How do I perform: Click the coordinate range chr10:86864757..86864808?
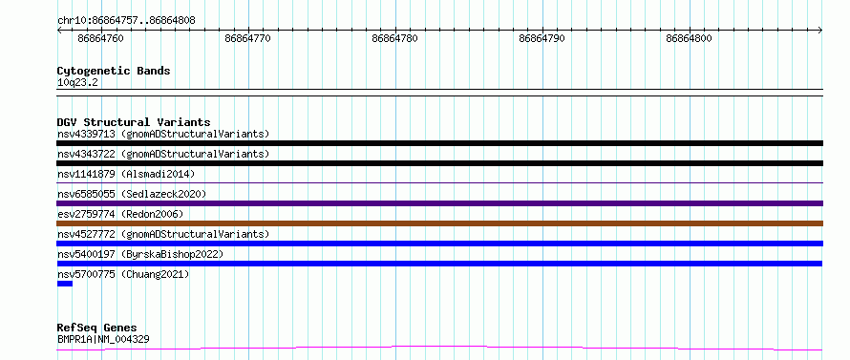pyautogui.click(x=126, y=21)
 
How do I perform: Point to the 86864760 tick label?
pyautogui.click(x=101, y=38)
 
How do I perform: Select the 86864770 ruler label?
pyautogui.click(x=247, y=38)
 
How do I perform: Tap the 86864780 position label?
pyautogui.click(x=395, y=38)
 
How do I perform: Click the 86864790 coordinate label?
pyautogui.click(x=542, y=38)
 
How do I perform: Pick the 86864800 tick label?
pyautogui.click(x=689, y=38)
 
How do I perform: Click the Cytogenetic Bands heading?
pyautogui.click(x=114, y=71)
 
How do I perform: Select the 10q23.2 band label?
pyautogui.click(x=77, y=83)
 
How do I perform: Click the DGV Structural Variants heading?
pyautogui.click(x=134, y=122)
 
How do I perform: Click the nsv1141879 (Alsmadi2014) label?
pyautogui.click(x=126, y=174)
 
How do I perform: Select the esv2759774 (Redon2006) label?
pyautogui.click(x=120, y=214)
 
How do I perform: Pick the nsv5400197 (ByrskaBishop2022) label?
pyautogui.click(x=140, y=254)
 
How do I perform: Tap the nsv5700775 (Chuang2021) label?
pyautogui.click(x=123, y=274)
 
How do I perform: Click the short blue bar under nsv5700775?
pyautogui.click(x=65, y=284)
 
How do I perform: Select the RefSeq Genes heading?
pyautogui.click(x=97, y=328)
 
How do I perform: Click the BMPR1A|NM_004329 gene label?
pyautogui.click(x=103, y=340)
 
